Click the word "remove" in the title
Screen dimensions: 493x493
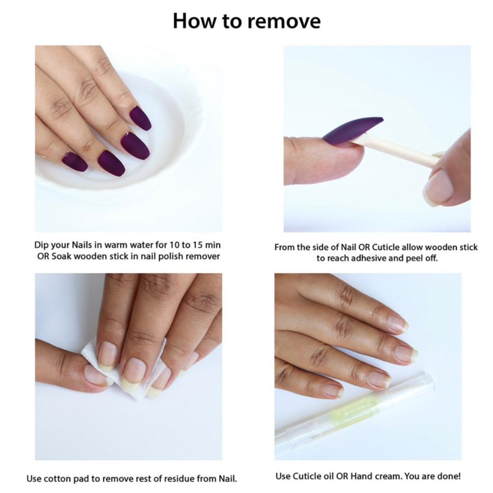coord(284,21)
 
